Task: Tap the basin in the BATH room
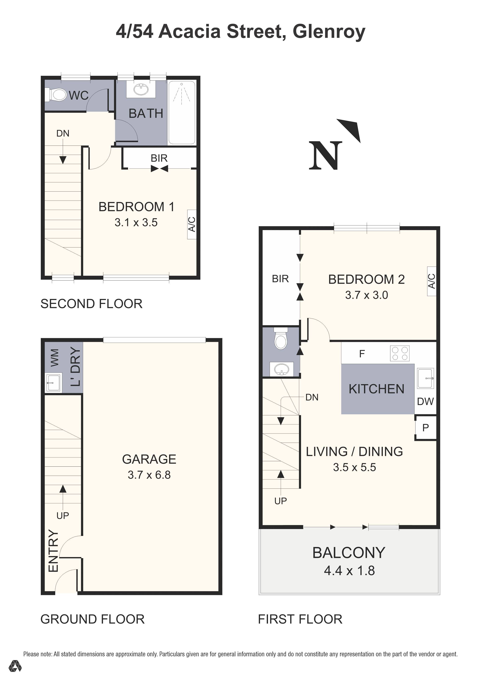coord(141,89)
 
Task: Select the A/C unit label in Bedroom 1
coord(192,224)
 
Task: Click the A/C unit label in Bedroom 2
coord(431,281)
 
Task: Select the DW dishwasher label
coord(425,402)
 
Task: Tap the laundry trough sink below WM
coord(53,382)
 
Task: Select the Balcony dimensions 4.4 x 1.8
coord(349,570)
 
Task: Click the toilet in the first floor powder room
coord(281,340)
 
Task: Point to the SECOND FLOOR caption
coord(91,304)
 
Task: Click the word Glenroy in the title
coord(329,32)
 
